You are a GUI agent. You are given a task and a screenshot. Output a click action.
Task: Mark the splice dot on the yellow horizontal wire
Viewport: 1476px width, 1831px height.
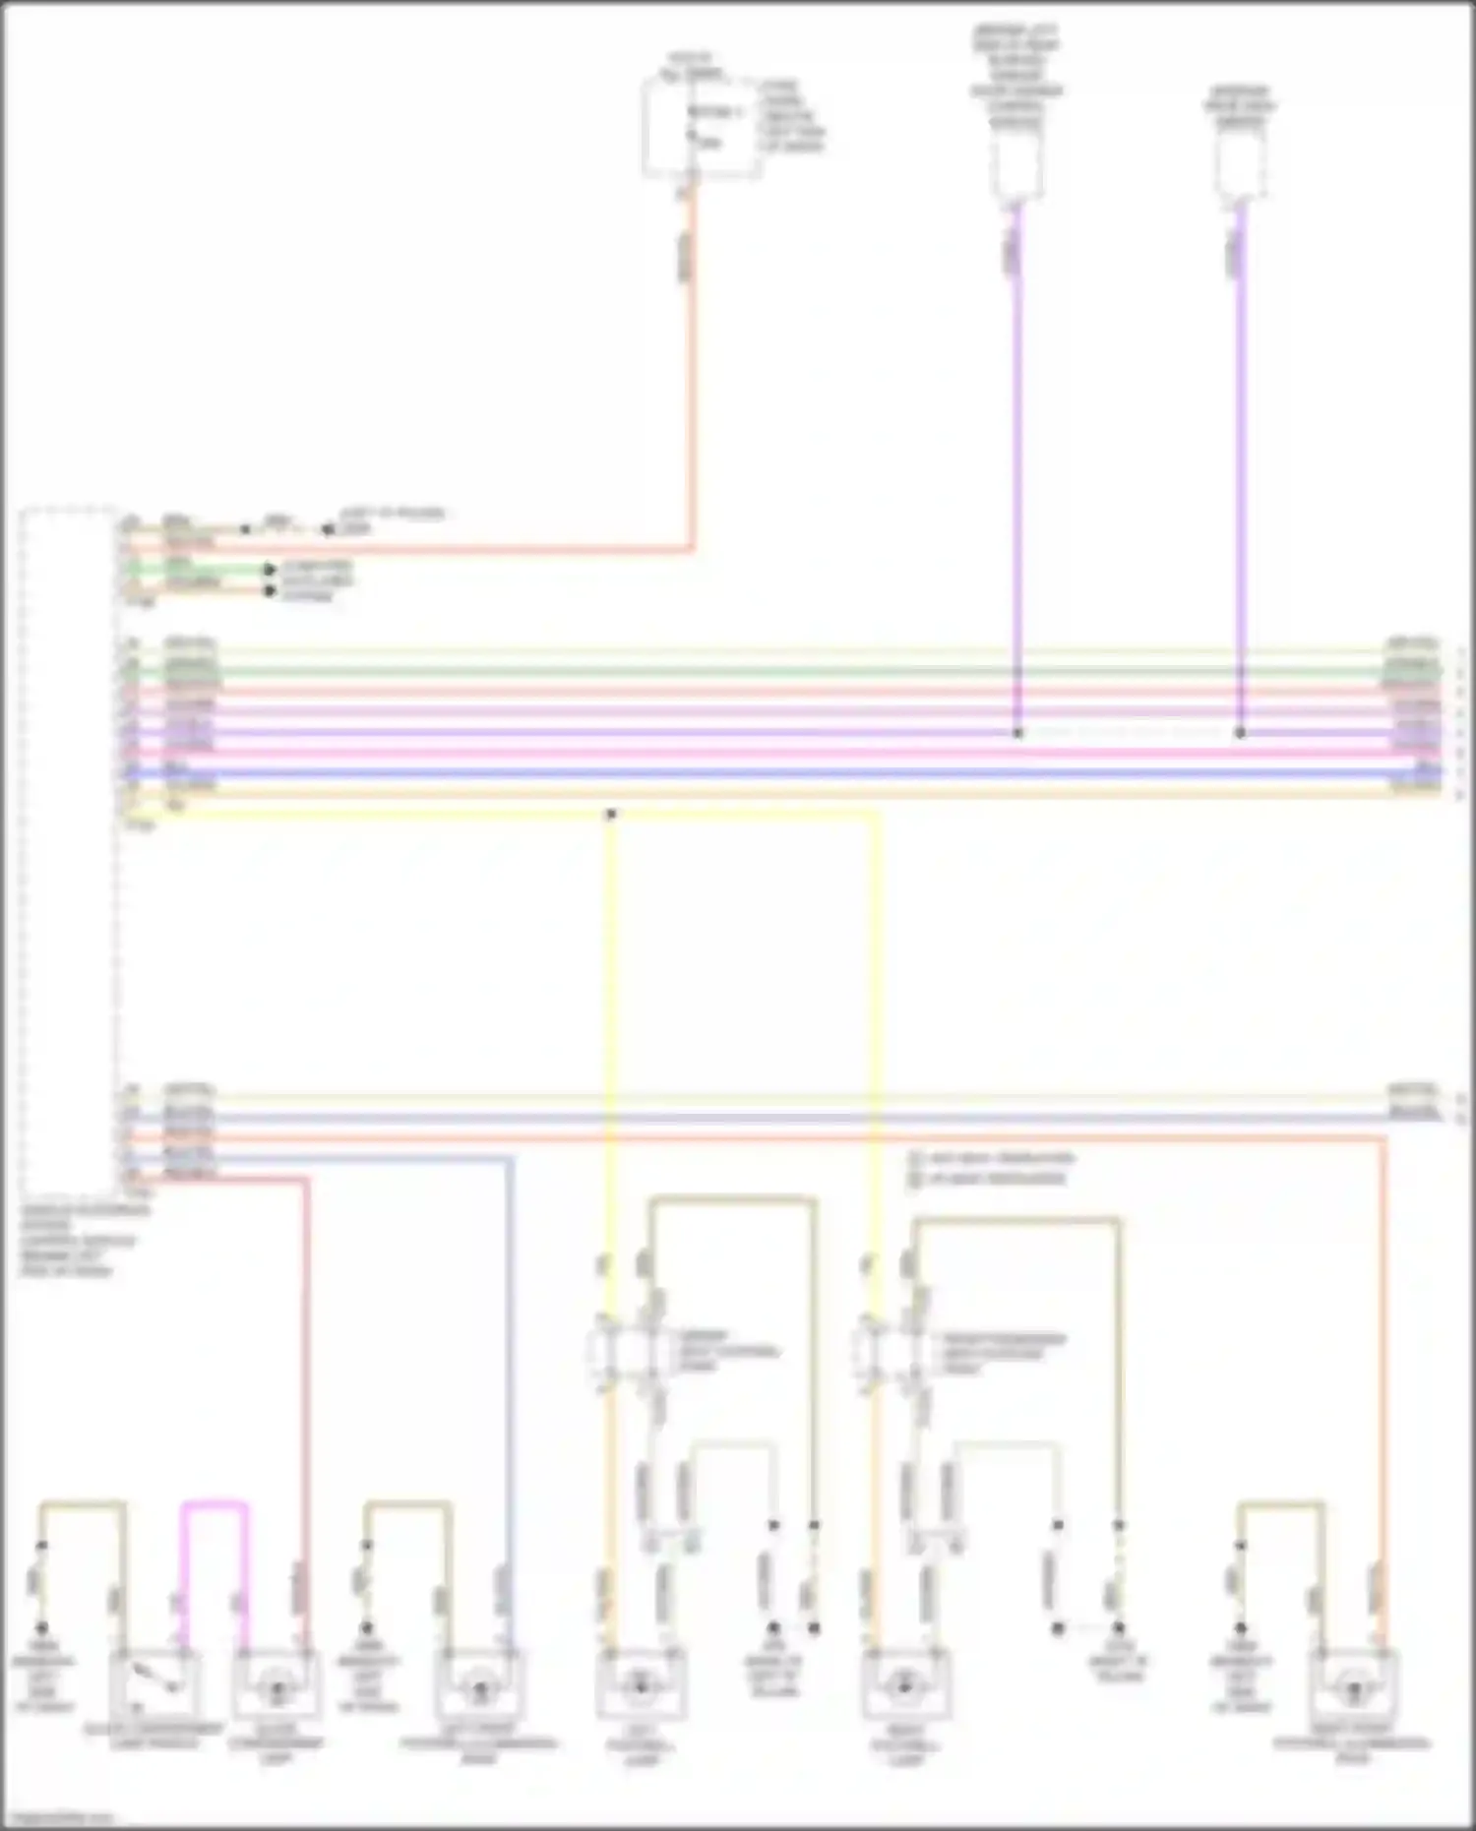(611, 815)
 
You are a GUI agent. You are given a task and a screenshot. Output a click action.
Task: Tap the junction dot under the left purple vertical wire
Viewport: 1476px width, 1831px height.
(1017, 733)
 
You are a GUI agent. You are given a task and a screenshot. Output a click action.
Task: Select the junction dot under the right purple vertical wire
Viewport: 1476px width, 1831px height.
(1240, 733)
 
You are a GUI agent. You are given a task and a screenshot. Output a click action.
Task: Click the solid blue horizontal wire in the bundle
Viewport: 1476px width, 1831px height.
(787, 773)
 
